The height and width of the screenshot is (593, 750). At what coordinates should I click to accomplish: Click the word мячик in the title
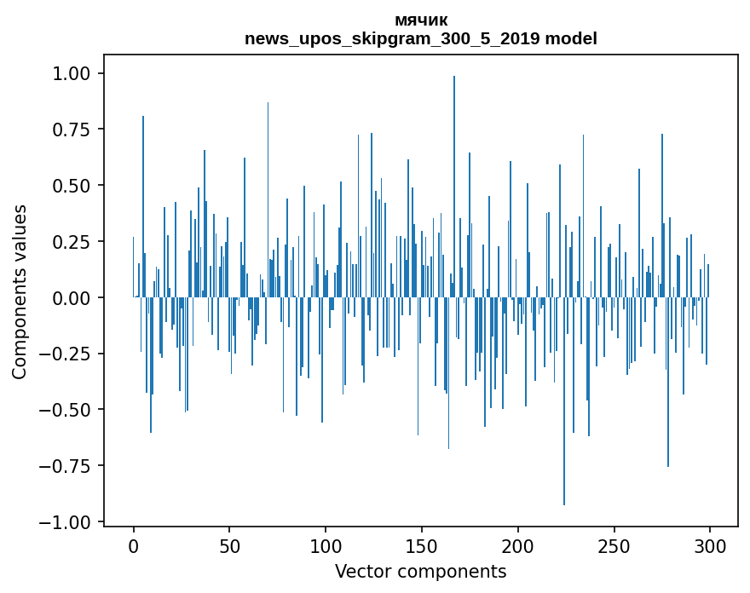pos(420,20)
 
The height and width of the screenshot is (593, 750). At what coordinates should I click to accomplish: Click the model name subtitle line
pos(420,38)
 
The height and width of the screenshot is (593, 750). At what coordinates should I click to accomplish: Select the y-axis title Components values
pos(20,291)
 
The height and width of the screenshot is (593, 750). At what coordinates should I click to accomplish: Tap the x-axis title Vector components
pos(420,572)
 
